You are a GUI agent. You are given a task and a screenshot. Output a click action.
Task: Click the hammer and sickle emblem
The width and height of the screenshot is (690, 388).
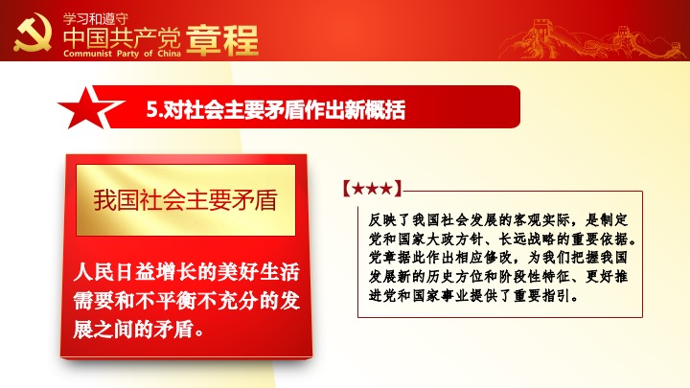pyautogui.click(x=33, y=33)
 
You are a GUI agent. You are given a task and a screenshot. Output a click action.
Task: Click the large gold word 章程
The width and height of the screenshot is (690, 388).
pyautogui.click(x=222, y=40)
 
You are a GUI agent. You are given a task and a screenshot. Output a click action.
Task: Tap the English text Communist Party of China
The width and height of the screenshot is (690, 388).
pyautogui.click(x=122, y=54)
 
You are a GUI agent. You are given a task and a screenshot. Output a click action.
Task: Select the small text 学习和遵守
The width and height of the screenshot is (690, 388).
pyautogui.click(x=96, y=19)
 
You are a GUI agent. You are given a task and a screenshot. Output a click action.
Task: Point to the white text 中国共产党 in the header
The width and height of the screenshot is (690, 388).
pyautogui.click(x=122, y=37)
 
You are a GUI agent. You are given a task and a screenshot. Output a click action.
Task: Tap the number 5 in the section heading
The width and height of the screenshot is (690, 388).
pyautogui.click(x=151, y=109)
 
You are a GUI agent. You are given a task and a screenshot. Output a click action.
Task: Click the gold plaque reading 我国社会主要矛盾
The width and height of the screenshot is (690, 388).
pyautogui.click(x=186, y=200)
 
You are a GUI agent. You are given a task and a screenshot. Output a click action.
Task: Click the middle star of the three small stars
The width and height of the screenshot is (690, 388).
pyautogui.click(x=372, y=189)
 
